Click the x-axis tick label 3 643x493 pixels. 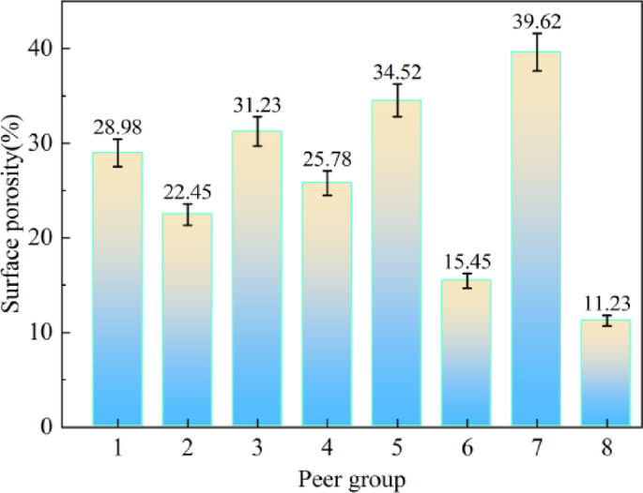[x=257, y=449]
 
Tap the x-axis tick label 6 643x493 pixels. [x=467, y=449]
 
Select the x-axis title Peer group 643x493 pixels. [x=352, y=480]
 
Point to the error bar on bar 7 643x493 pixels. [x=536, y=52]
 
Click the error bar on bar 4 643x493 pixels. [x=327, y=183]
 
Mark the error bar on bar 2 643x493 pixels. [x=187, y=215]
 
